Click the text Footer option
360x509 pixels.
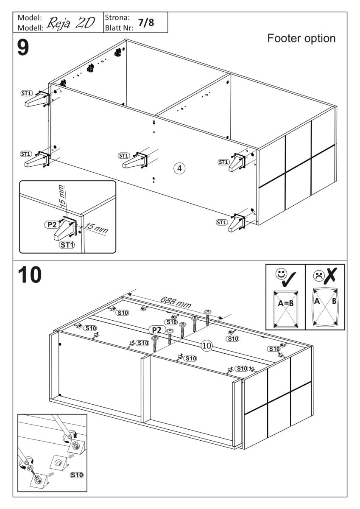301,39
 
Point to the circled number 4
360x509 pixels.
179,168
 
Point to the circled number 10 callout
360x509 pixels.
207,346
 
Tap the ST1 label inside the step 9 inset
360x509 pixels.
66,245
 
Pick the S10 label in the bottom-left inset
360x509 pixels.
76,475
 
